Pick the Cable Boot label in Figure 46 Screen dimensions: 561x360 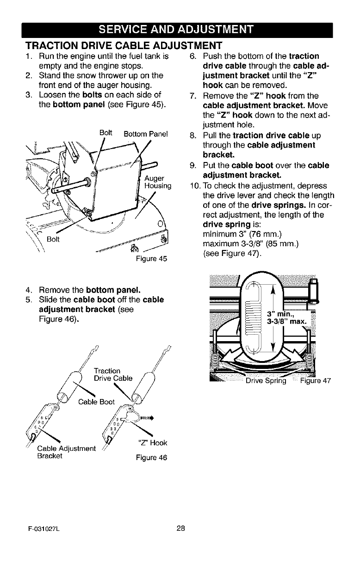[x=96, y=401]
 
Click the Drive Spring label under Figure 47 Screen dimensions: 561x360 [x=266, y=381]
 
